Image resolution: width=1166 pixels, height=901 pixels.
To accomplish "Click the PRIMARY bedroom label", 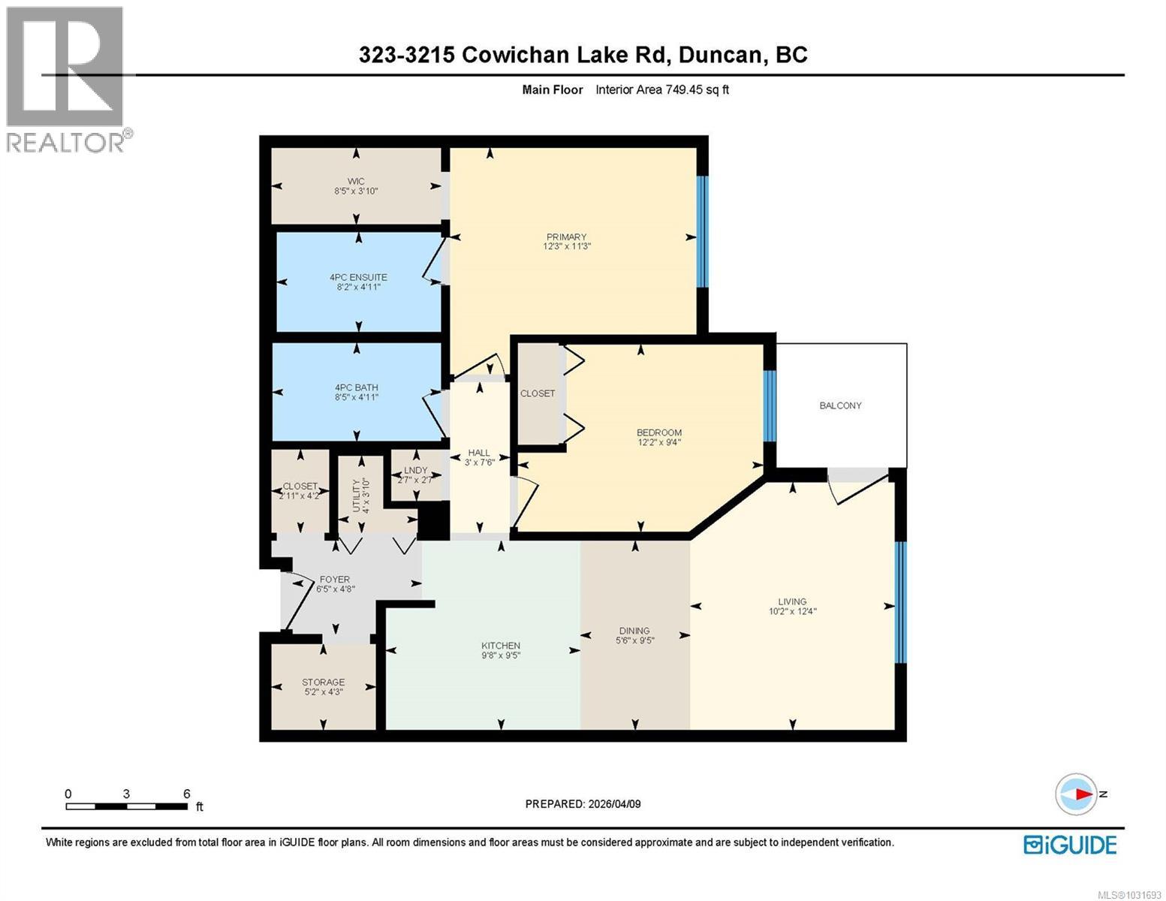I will click(566, 237).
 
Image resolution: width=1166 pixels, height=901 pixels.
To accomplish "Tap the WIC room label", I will click(356, 182).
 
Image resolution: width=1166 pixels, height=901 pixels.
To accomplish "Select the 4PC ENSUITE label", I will click(358, 277).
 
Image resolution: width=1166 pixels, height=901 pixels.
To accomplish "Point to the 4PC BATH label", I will click(356, 387).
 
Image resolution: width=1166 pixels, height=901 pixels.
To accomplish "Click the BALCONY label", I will click(840, 405).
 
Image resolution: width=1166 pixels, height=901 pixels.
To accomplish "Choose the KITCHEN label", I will click(501, 646).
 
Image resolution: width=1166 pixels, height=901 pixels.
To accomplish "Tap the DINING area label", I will click(634, 631).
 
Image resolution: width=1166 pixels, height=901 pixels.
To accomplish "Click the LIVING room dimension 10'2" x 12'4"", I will click(792, 611).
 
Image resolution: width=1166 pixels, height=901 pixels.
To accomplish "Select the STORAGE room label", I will click(323, 682).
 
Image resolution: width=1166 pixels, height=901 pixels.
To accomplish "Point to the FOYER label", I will click(334, 580).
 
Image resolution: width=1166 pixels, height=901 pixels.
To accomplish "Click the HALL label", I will click(479, 453).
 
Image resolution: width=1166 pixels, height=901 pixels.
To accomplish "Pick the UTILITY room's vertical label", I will click(357, 496).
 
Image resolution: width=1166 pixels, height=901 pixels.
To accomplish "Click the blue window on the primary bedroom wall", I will click(702, 231).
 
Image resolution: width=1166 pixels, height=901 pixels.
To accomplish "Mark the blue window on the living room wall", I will click(901, 602).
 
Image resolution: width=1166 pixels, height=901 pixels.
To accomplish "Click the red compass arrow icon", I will click(1077, 794).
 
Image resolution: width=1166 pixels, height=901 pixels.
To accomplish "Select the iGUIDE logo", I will click(1070, 845).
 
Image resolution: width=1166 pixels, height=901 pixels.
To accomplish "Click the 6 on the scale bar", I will click(186, 794).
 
